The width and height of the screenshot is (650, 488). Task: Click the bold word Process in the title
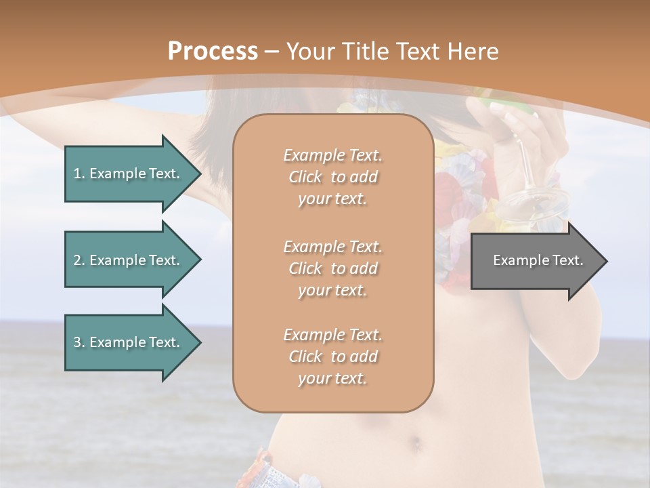point(213,52)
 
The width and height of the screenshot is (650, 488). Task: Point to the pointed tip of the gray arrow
point(605,261)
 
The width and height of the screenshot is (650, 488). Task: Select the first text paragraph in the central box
point(332,177)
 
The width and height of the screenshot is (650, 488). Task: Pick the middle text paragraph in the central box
point(332,268)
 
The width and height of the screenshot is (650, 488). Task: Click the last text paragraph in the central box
point(332,357)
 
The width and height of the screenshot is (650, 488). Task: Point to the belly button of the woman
point(415,445)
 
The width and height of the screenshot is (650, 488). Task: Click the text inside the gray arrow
point(538,260)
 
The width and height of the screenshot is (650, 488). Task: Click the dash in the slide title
point(272,52)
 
